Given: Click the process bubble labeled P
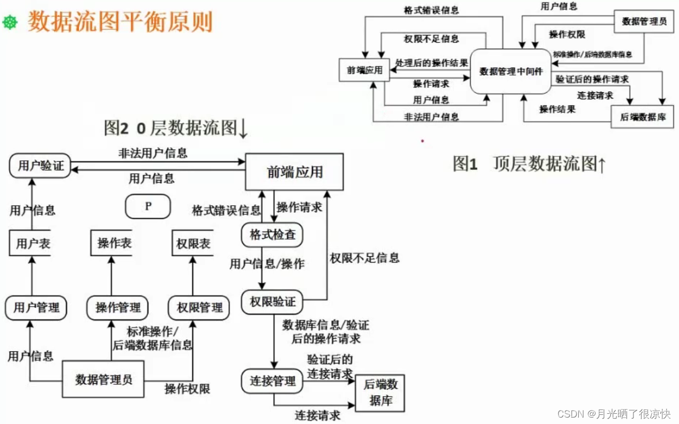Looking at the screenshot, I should pyautogui.click(x=148, y=206).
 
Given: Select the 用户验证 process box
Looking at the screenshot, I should pyautogui.click(x=40, y=166).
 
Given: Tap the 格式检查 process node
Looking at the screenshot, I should pyautogui.click(x=272, y=235).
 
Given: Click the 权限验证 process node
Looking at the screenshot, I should pyautogui.click(x=272, y=302).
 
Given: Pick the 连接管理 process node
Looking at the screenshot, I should pyautogui.click(x=272, y=381).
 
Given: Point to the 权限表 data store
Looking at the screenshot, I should pyautogui.click(x=193, y=244).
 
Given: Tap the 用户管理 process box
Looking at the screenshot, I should pyautogui.click(x=36, y=308).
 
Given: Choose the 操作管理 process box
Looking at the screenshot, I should pyautogui.click(x=117, y=308).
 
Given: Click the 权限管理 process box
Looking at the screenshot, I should pyautogui.click(x=199, y=308).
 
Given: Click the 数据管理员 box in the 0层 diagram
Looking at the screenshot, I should pyautogui.click(x=103, y=380).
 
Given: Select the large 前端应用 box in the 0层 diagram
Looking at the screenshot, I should pyautogui.click(x=294, y=172).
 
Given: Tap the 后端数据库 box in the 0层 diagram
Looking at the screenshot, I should pyautogui.click(x=380, y=392).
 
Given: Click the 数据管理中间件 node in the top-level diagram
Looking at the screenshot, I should pyautogui.click(x=511, y=71).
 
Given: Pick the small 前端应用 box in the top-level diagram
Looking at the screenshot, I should pyautogui.click(x=364, y=71).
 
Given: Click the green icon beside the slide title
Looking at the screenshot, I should pyautogui.click(x=10, y=22).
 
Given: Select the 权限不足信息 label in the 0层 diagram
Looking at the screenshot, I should pyautogui.click(x=364, y=258).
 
